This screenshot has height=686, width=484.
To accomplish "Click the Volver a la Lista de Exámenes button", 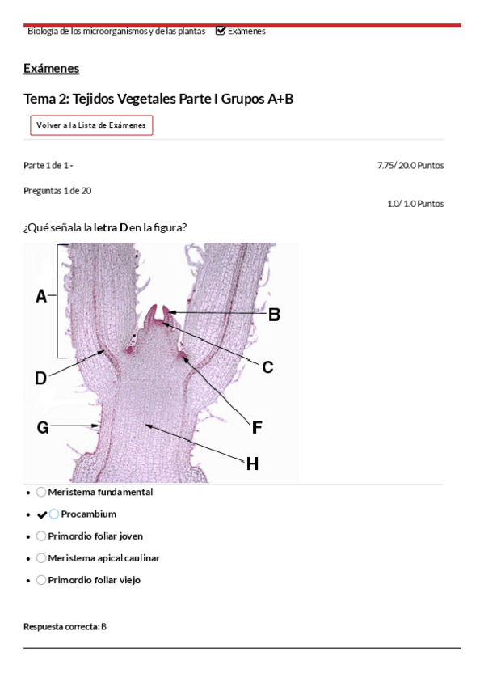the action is pos(91,125).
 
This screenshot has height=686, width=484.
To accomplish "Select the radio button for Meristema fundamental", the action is pos(41,492).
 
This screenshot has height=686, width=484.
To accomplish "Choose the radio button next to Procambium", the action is pos(53,514).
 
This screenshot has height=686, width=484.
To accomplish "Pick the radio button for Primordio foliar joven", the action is pos(41,536).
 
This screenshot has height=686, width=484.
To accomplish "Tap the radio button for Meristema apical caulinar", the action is pos(41,558).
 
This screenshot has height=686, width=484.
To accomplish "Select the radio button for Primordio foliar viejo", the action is pos(41,580).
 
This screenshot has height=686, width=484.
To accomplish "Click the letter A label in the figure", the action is pos(41,296).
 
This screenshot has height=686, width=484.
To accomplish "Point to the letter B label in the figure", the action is pos(274,315).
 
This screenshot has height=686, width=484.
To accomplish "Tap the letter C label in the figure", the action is pos(267,367).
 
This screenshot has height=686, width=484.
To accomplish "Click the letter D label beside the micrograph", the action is pos(40,378).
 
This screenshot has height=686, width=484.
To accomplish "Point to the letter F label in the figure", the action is pos(257,427).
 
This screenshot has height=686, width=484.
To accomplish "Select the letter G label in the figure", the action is pos(43,427).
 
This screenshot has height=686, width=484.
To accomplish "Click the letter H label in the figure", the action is pos(252,464).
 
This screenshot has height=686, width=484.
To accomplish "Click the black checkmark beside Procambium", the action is pos(42,515).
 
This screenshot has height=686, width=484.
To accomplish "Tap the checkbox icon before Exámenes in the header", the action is pos(221,31).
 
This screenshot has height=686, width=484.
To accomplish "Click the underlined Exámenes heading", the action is pos(52,69).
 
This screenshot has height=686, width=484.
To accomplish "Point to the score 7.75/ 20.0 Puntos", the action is pos(410,165).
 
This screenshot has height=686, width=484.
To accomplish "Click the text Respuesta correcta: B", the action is pos(65,626).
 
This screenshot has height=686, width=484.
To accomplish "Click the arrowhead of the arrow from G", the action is pos(96,426).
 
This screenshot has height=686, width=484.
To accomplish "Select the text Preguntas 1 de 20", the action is pos(57,191).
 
